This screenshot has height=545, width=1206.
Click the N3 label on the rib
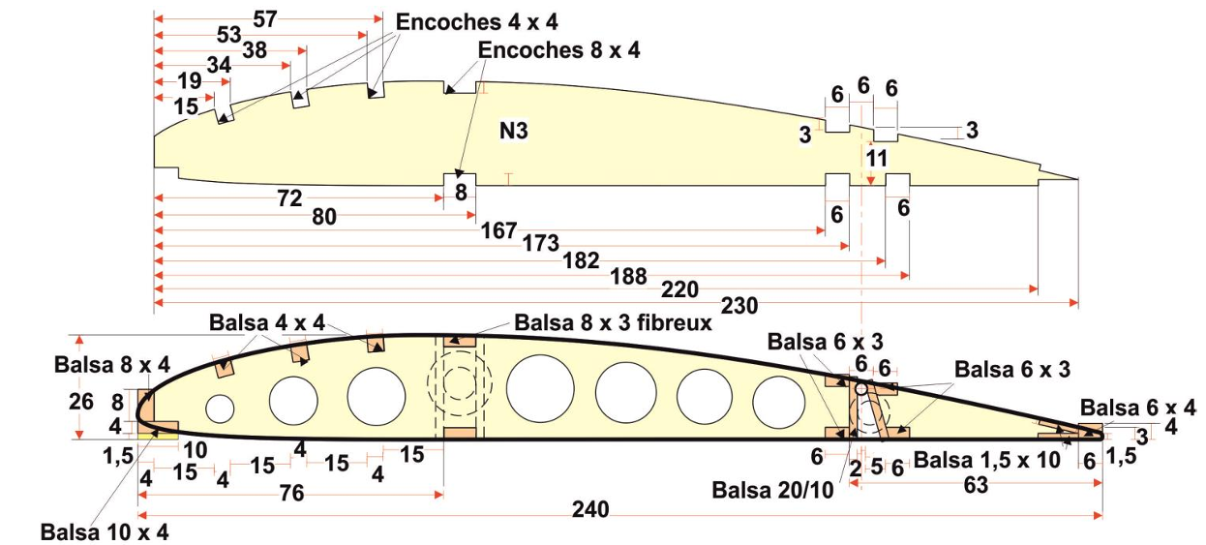514,131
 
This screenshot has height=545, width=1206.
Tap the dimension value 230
739,306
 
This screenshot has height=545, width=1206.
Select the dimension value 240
590,509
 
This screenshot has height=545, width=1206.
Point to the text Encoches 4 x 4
476,22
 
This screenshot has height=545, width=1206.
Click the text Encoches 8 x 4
558,50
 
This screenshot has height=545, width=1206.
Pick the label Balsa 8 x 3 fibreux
614,322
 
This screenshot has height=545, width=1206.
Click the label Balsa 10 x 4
105,532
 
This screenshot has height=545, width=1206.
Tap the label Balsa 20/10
772,490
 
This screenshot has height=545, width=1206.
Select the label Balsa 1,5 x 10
987,461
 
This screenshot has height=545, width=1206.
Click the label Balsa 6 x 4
1137,408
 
